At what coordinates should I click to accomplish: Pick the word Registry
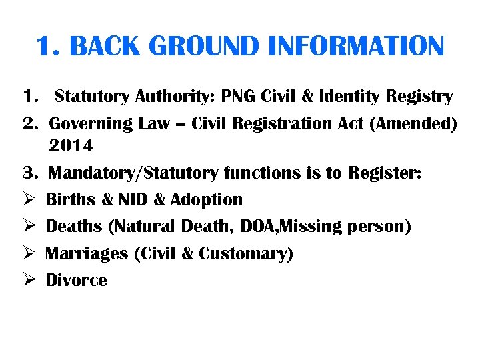[x=419, y=97]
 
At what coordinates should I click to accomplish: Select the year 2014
[x=71, y=145]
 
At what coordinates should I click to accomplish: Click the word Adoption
[x=207, y=200]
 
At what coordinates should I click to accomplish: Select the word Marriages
[x=87, y=254]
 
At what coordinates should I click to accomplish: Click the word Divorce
[x=76, y=281]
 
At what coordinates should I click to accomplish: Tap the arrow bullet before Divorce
[x=28, y=281]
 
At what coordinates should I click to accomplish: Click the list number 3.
[x=27, y=173]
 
